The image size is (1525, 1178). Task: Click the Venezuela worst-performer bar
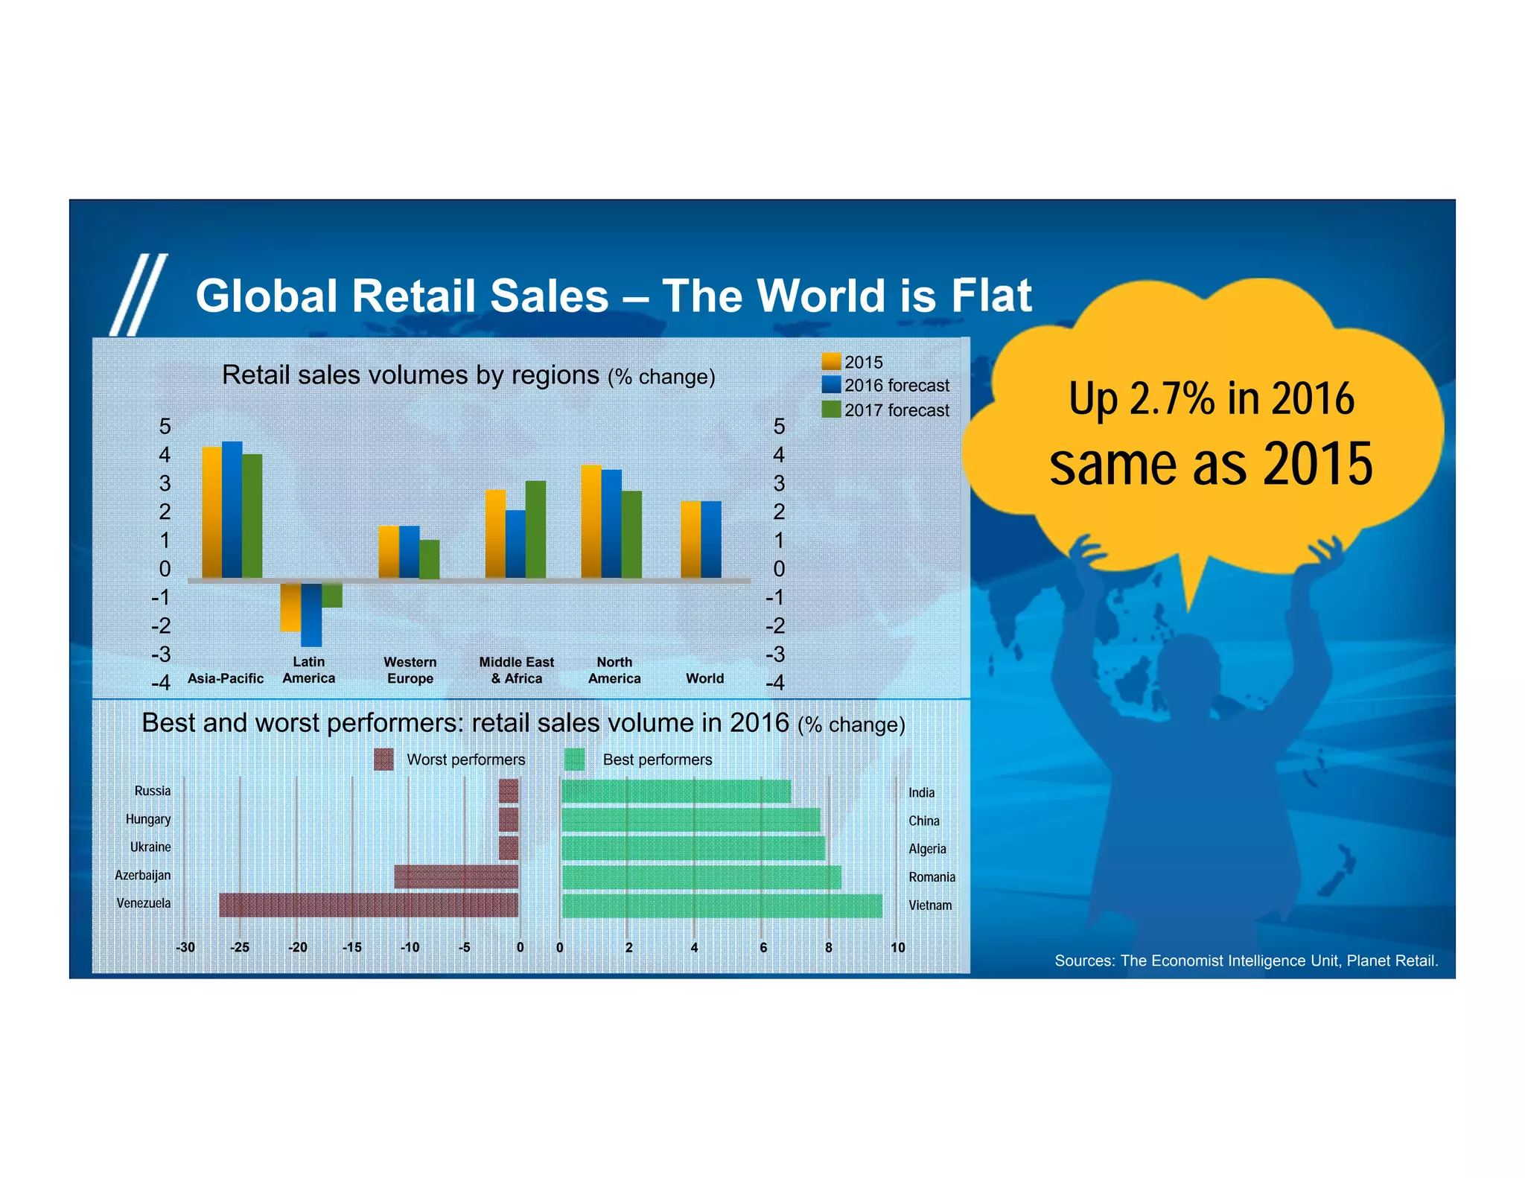point(369,905)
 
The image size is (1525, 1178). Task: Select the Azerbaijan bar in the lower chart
point(456,876)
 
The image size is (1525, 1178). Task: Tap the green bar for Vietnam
point(721,905)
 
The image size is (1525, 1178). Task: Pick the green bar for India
point(675,792)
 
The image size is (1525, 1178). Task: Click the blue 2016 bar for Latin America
point(311,614)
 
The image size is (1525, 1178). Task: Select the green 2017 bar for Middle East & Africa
point(535,529)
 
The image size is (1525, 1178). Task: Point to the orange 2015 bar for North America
point(591,521)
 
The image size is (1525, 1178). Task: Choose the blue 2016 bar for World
point(711,539)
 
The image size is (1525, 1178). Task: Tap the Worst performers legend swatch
point(383,760)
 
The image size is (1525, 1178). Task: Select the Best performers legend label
point(657,760)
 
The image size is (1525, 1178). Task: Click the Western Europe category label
point(410,670)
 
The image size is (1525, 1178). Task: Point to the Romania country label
point(932,877)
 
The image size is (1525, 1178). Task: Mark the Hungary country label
point(148,819)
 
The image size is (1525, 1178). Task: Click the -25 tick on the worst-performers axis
point(240,947)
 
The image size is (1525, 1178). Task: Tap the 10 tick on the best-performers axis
point(897,947)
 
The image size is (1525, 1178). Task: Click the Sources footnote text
point(1246,961)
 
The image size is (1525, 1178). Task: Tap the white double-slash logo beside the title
point(139,295)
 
